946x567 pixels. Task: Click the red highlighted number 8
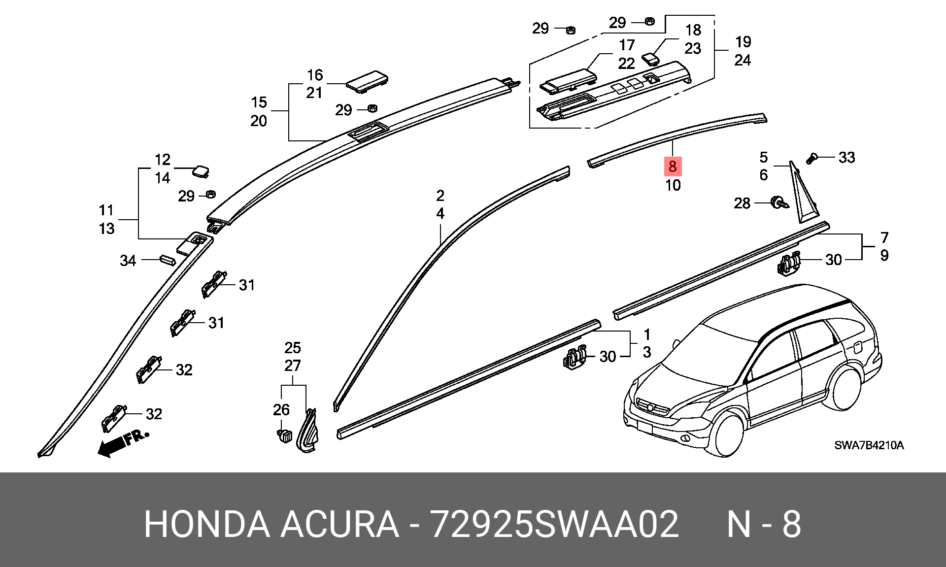pyautogui.click(x=673, y=167)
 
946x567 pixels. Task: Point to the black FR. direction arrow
pyautogui.click(x=123, y=443)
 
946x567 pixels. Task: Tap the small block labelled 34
pyautogui.click(x=167, y=260)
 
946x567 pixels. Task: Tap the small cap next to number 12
pyautogui.click(x=202, y=171)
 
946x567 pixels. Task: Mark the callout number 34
pyautogui.click(x=128, y=260)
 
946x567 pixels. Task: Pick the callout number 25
pyautogui.click(x=293, y=348)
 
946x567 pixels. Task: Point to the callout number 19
pyautogui.click(x=743, y=42)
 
